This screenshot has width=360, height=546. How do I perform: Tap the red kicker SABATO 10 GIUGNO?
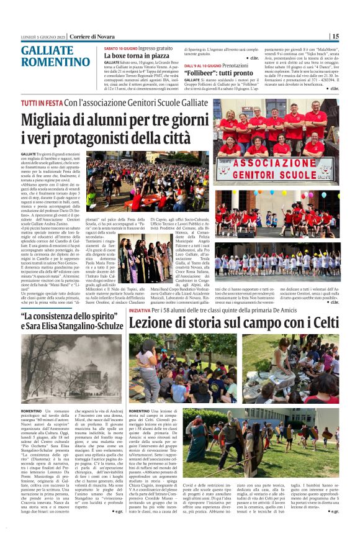(120, 48)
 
